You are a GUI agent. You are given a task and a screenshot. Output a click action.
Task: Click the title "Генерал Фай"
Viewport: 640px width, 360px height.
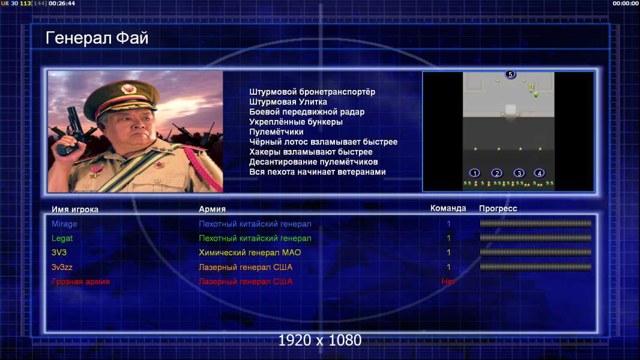click(x=97, y=38)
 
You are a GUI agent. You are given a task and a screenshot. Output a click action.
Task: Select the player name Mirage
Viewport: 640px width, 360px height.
click(x=64, y=224)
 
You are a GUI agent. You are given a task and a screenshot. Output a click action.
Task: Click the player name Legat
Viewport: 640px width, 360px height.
click(x=62, y=238)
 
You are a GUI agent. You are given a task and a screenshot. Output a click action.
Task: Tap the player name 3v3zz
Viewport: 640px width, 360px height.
click(x=62, y=267)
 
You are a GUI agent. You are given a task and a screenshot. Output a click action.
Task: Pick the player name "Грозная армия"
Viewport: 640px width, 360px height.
click(x=80, y=281)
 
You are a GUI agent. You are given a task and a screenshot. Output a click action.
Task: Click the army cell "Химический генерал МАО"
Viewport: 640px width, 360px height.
click(x=250, y=253)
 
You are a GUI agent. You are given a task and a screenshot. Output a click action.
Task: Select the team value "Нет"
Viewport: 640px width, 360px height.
click(x=448, y=281)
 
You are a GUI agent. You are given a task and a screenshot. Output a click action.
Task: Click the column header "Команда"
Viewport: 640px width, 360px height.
click(x=448, y=208)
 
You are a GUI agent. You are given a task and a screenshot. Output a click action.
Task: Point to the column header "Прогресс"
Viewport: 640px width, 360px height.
click(x=498, y=208)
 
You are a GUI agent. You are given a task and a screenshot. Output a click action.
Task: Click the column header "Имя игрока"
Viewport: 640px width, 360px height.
click(x=74, y=209)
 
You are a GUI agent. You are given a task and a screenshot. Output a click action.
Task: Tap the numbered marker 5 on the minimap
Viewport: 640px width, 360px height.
click(x=510, y=74)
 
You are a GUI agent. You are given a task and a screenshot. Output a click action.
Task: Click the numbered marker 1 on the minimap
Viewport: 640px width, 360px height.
click(x=475, y=173)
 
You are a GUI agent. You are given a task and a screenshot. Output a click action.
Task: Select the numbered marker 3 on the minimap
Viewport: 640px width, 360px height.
click(x=519, y=173)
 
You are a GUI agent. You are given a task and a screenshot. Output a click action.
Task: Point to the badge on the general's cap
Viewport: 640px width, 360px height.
click(x=128, y=89)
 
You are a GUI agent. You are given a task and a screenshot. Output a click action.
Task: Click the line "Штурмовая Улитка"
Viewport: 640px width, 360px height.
click(x=288, y=102)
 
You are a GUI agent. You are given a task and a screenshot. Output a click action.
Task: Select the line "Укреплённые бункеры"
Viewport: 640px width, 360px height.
click(x=296, y=122)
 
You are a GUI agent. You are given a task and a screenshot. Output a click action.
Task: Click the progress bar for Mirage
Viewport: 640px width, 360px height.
click(x=536, y=223)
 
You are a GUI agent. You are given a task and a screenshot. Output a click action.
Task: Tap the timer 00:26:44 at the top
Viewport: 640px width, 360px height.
click(x=62, y=3)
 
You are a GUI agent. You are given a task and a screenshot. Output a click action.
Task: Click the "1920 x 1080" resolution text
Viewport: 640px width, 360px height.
click(x=320, y=340)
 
